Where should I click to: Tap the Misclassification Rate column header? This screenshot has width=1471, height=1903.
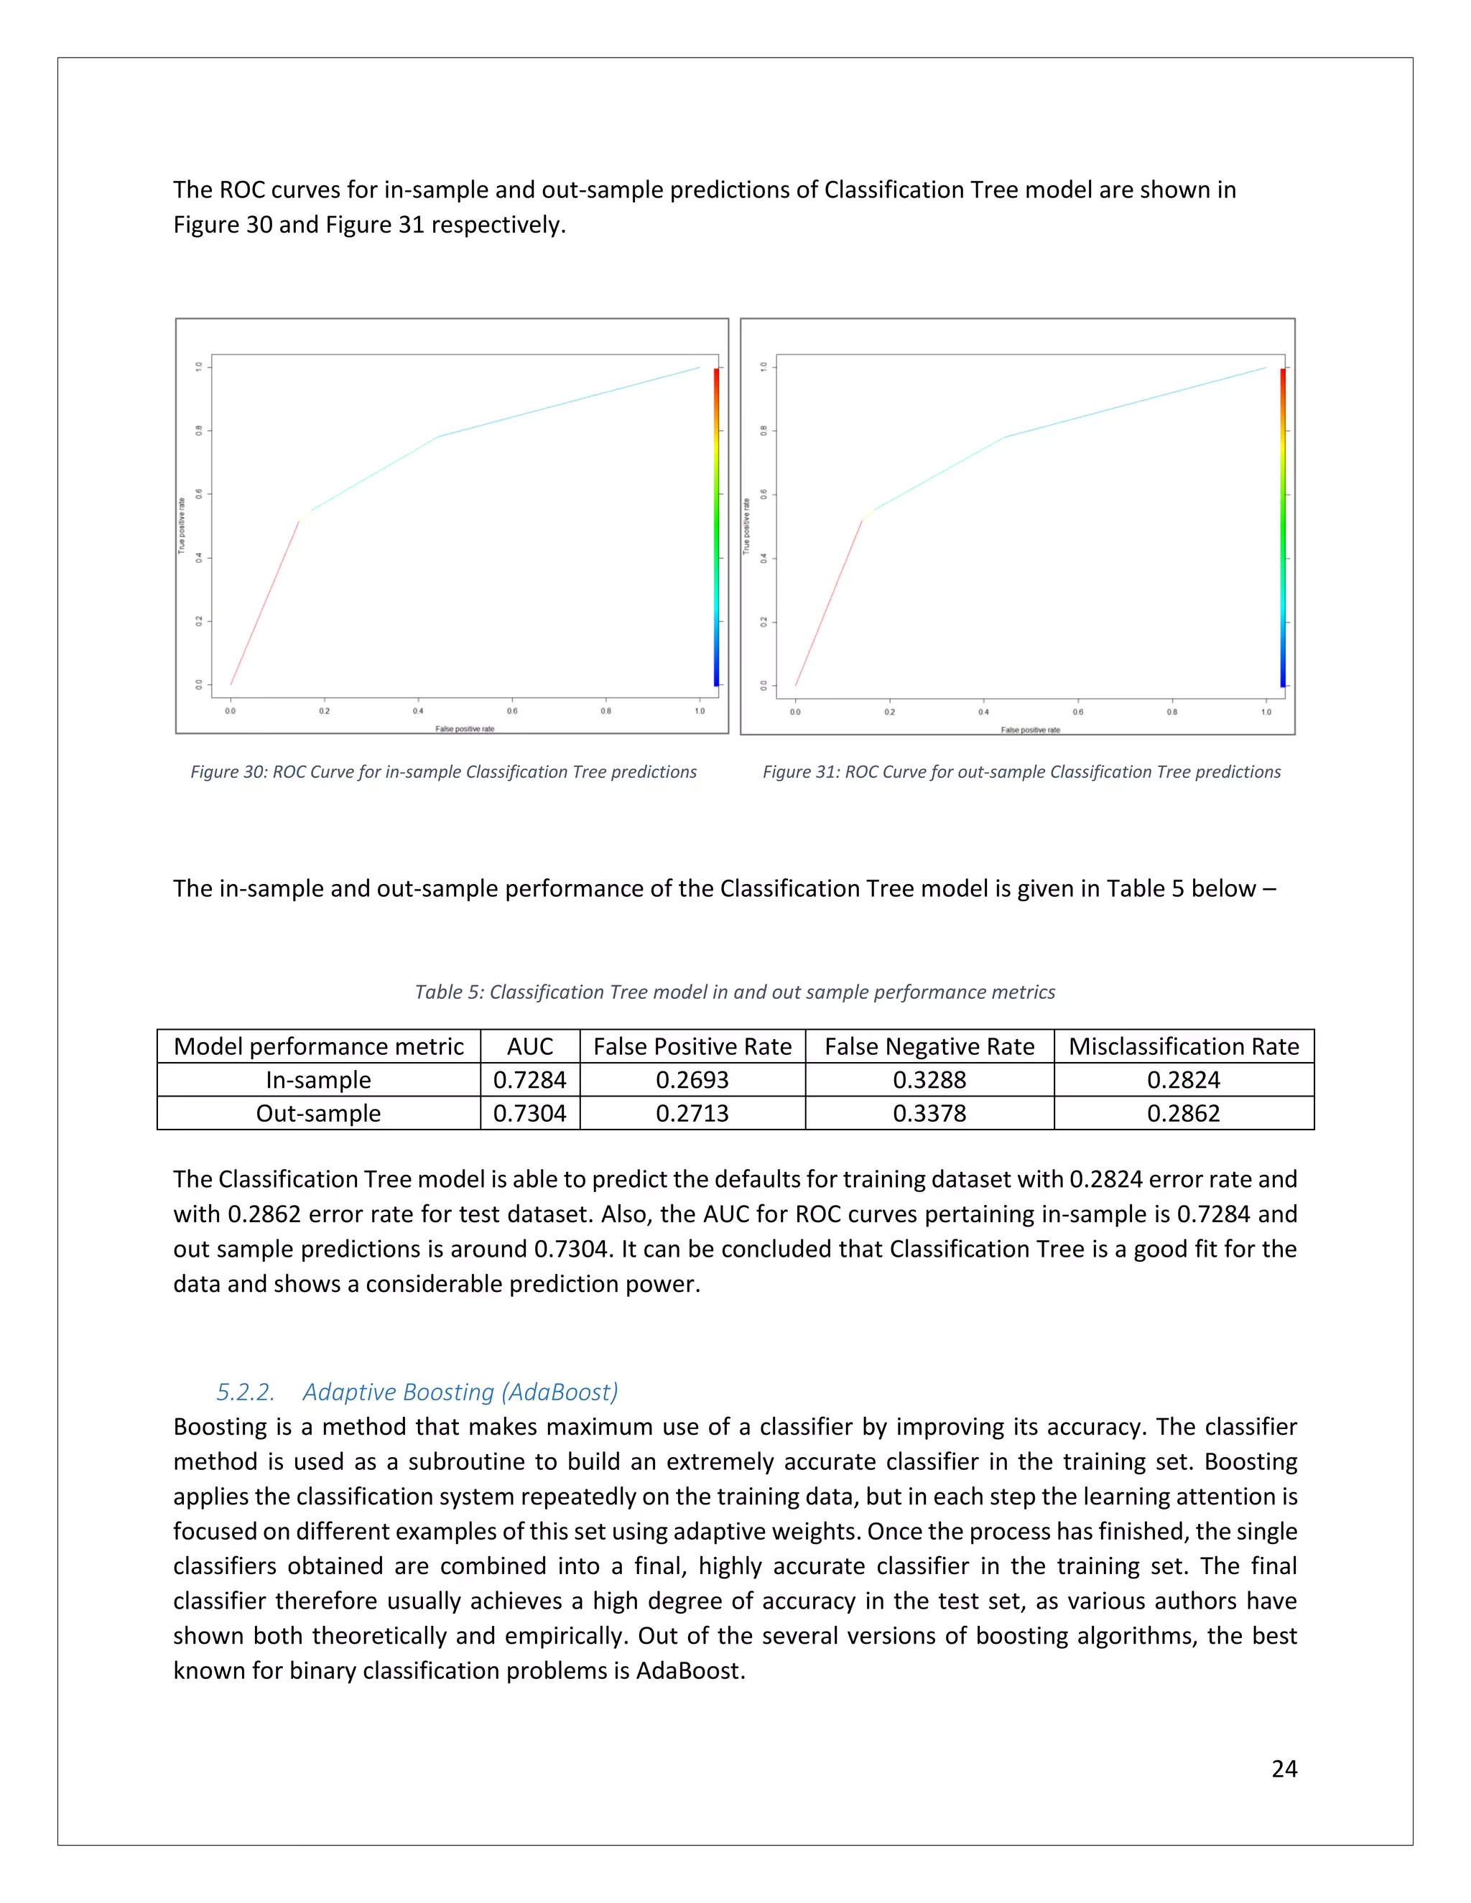pos(1184,1046)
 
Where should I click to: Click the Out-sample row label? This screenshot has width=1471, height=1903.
pos(318,1112)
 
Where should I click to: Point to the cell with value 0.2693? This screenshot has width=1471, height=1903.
pos(692,1079)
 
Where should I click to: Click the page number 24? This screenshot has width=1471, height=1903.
pos(1284,1768)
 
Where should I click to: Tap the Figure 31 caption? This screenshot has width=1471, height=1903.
pos(1021,772)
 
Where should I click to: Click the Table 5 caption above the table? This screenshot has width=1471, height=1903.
pos(735,992)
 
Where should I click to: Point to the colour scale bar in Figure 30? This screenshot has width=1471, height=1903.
pos(716,526)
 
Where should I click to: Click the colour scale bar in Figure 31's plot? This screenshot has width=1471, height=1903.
pos(1283,526)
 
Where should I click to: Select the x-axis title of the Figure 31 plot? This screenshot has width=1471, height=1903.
pos(1030,730)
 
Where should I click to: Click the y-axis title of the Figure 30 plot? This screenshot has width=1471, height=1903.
pos(181,526)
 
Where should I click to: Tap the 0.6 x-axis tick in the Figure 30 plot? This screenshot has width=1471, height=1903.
pos(512,711)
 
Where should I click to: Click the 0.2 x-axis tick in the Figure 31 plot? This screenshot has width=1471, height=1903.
pos(889,712)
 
